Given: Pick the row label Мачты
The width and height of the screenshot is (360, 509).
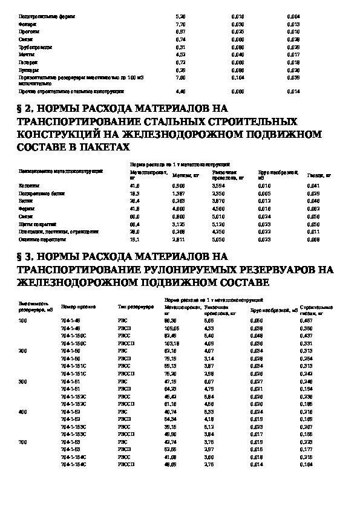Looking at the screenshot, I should [x=26, y=54].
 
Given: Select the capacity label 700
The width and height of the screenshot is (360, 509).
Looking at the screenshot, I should [x=23, y=442].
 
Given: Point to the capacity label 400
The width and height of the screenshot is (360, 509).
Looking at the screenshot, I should [x=23, y=411].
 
